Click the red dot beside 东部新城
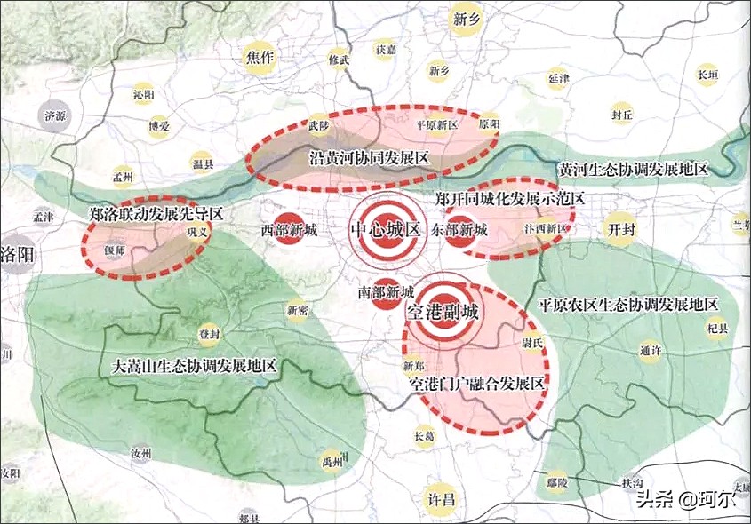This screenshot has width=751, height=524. pos(459,230)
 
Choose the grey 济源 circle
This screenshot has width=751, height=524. pos(55,115)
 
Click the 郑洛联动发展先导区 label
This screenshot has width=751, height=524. pos(156,214)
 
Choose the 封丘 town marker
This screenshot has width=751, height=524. pos(622,114)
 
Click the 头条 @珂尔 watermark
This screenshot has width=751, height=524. pos(685,499)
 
